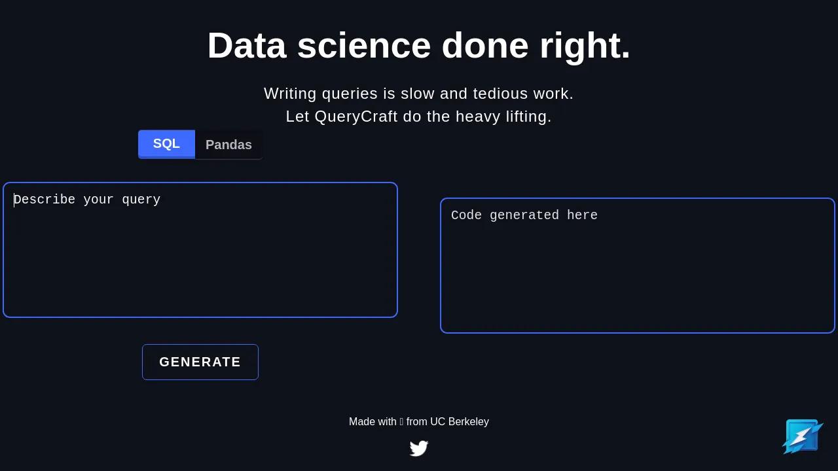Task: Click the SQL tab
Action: coord(166,144)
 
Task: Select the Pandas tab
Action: coord(228,145)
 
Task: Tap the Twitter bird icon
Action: coord(418,448)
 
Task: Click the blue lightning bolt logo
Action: coord(803,436)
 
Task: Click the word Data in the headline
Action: coord(247,46)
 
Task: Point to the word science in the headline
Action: coord(364,46)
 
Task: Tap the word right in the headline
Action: coord(585,47)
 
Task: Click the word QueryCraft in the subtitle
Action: coord(355,116)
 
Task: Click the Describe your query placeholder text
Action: coord(87,200)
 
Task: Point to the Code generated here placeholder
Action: coord(524,215)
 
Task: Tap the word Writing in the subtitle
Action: coord(290,94)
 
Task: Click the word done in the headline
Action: coord(485,46)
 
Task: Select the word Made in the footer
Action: coord(360,422)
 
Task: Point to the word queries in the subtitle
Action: coord(350,94)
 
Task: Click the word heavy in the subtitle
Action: coord(478,116)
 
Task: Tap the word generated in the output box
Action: coord(524,216)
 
